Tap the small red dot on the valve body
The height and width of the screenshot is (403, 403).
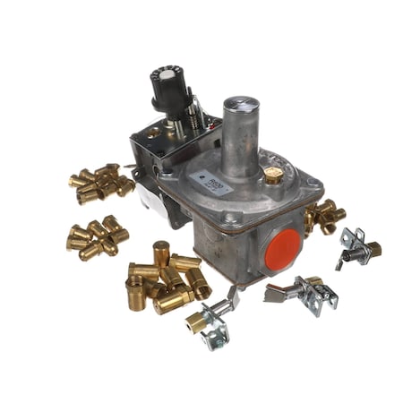click(x=215, y=128)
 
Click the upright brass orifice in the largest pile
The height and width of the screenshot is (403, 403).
click(x=161, y=254)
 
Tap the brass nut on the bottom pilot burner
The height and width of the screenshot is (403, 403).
click(x=196, y=322)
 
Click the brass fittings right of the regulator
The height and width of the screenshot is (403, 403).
click(x=323, y=215)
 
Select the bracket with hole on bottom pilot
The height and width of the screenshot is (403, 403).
click(x=218, y=339)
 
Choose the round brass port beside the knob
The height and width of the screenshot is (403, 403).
click(x=154, y=133)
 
